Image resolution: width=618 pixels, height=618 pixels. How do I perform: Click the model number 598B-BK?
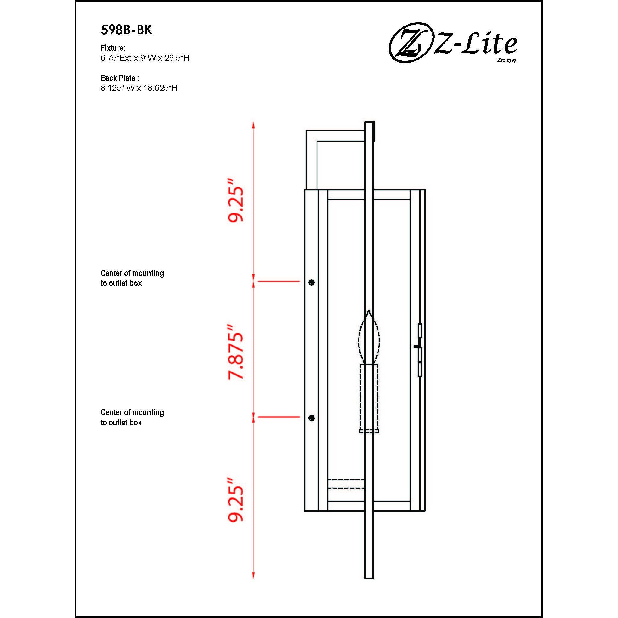pos(126,30)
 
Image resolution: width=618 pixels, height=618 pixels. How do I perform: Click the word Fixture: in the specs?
pos(113,48)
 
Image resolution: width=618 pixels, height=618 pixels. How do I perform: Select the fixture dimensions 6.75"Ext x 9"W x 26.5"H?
pos(145,58)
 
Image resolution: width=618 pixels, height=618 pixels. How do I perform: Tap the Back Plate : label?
pos(120,78)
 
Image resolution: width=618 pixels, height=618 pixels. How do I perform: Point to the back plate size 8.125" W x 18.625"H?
pos(139,88)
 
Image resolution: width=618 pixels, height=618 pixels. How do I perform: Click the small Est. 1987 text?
pos(507,60)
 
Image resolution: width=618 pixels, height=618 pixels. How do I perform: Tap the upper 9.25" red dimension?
pos(236,200)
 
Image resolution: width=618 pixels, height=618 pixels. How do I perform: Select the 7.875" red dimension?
pos(236,352)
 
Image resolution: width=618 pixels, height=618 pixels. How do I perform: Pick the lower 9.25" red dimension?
pos(236,504)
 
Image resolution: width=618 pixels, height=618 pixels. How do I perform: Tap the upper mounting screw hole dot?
pos(311,283)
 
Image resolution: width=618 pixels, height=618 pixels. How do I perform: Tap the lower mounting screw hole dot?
pos(311,418)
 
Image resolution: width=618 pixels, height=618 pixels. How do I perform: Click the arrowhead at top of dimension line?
pos(253,125)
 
